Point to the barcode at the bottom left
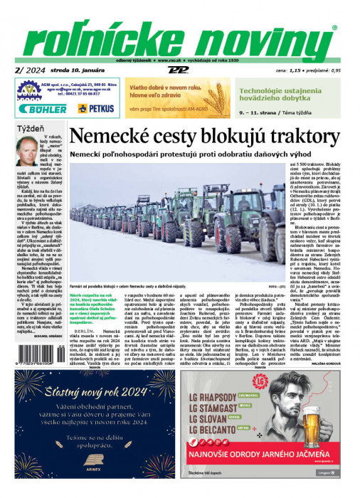click(36, 355)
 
